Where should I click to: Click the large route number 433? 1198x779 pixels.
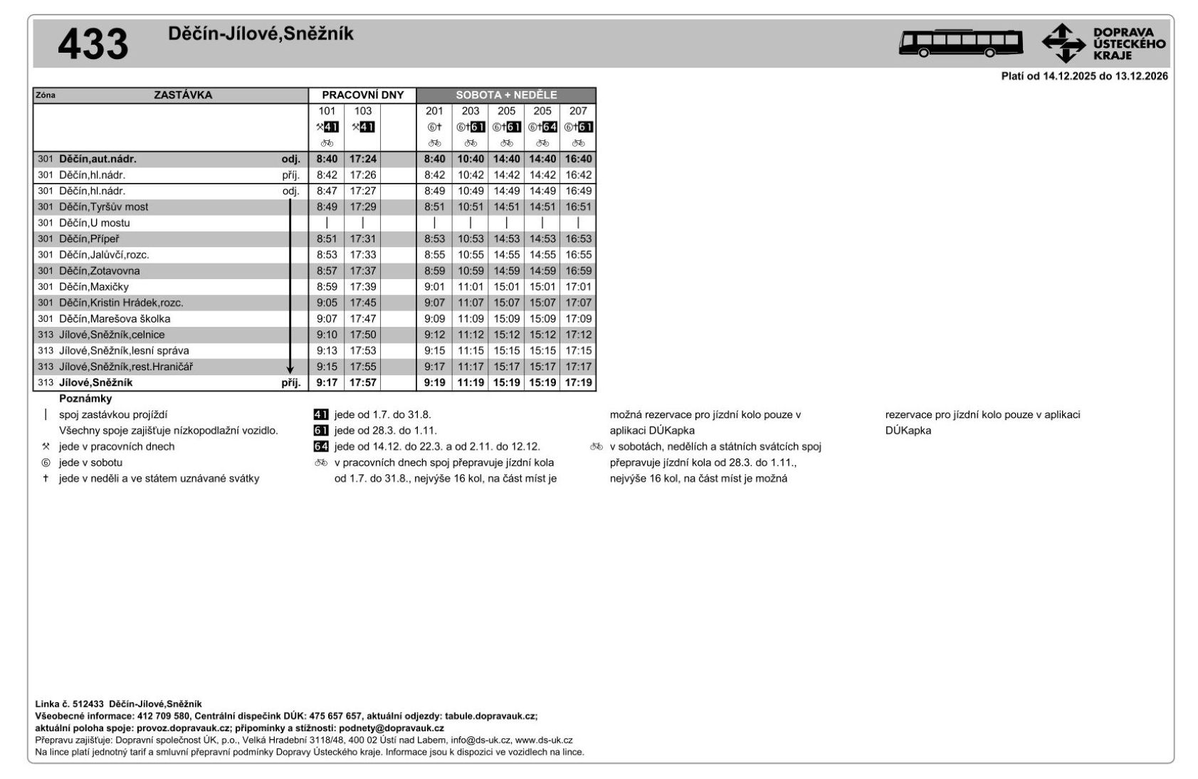[93, 45]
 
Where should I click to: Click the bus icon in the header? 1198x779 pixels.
[960, 43]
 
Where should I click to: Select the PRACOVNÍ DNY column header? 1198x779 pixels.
[362, 95]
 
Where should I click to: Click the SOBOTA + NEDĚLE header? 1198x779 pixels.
[506, 95]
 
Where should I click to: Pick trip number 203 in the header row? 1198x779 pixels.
[470, 111]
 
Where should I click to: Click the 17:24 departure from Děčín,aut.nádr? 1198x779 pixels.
[363, 159]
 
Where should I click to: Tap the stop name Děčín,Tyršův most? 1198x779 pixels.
[103, 206]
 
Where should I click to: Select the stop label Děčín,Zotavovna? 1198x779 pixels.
[99, 271]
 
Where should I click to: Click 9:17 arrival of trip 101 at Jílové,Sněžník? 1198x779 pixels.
[327, 382]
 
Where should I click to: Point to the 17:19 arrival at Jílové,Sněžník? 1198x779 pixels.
[578, 382]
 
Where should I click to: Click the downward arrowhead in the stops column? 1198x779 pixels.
[290, 370]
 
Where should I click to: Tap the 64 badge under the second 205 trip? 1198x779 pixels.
[550, 127]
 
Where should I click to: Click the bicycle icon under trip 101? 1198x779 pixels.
[327, 143]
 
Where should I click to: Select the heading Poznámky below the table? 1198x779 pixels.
[85, 399]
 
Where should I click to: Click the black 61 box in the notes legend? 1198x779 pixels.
[321, 431]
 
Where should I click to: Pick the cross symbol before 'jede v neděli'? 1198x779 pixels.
[46, 479]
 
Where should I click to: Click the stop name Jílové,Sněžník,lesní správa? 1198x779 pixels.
[124, 350]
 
